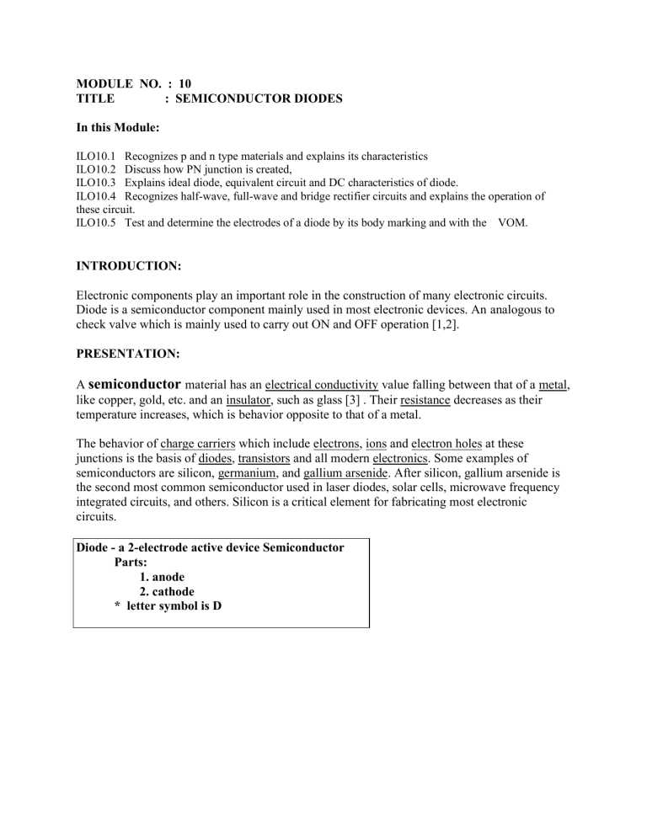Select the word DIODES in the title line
(313, 99)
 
